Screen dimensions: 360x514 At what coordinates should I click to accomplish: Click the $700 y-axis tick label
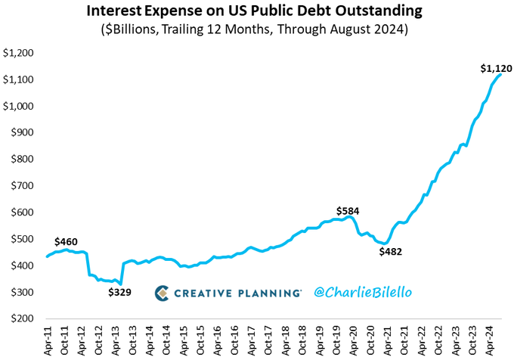point(21,186)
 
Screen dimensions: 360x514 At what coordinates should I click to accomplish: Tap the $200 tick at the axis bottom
point(21,318)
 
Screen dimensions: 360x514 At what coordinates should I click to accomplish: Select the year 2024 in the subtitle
point(389,31)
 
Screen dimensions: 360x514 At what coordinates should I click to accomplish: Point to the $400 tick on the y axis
point(21,265)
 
